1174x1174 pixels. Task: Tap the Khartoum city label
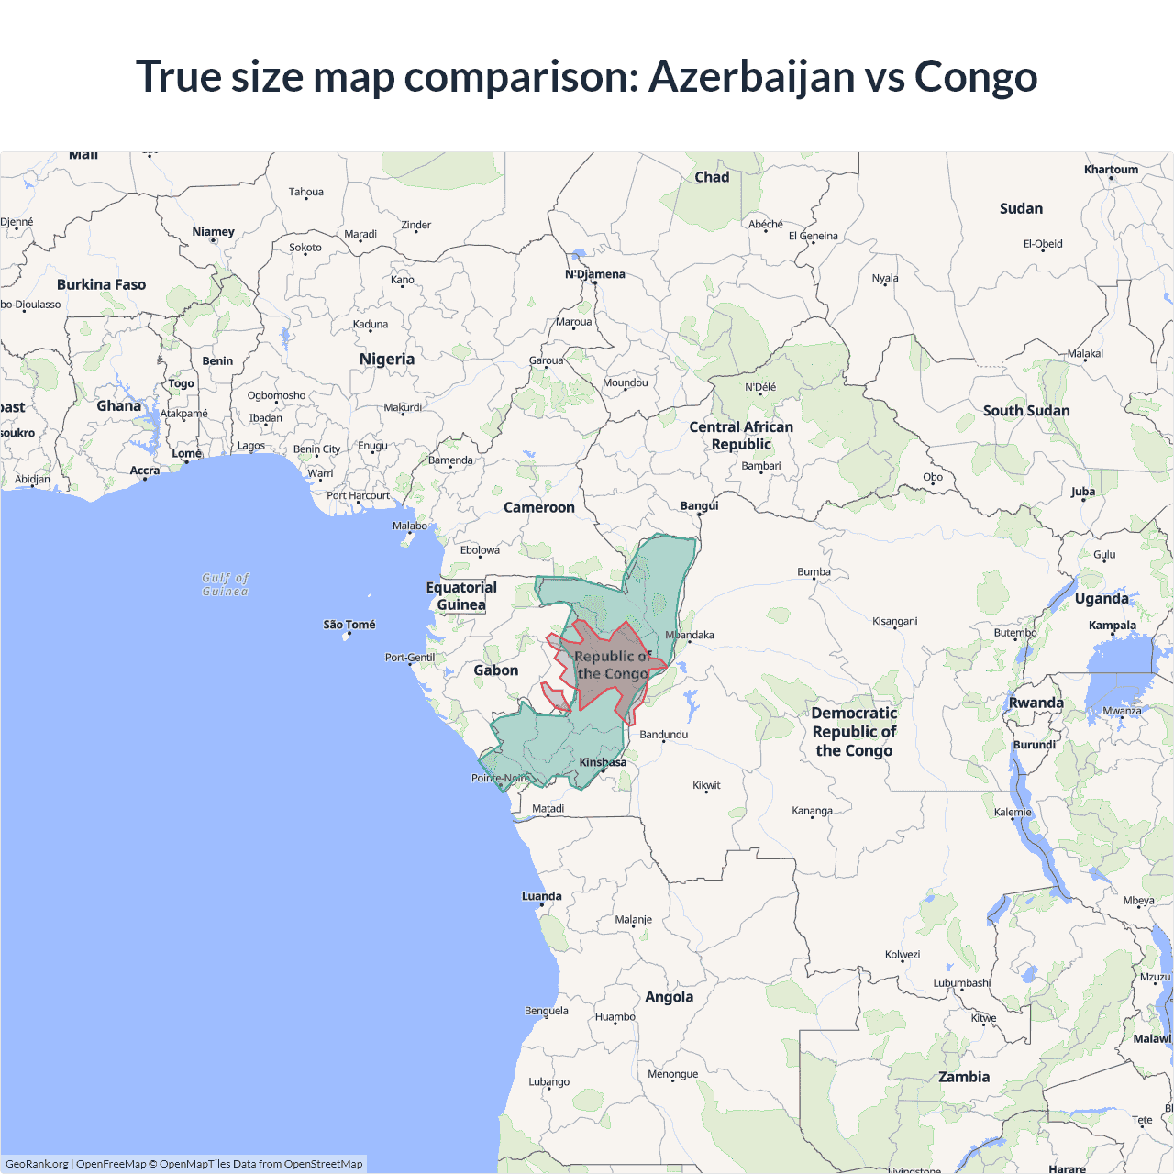coord(1111,170)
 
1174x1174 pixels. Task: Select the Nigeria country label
coord(387,360)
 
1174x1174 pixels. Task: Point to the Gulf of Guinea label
coord(226,584)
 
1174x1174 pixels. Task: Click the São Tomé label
coord(349,625)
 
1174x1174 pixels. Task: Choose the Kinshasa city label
coord(603,762)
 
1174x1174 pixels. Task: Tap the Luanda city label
coord(542,896)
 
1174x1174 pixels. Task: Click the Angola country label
coord(670,997)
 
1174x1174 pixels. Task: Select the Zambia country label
coord(964,1077)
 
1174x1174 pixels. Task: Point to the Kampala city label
coord(1113,626)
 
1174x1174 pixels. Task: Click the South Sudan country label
coord(1026,411)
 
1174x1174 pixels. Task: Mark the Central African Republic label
coord(741,436)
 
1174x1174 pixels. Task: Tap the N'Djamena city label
coord(595,274)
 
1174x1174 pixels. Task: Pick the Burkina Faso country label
coord(102,284)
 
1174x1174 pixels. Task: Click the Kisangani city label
coord(895,621)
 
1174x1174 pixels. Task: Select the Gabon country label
coord(496,670)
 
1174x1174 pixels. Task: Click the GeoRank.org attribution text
coord(37,1164)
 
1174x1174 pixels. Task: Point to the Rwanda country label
coord(1036,703)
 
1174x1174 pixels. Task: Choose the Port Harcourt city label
coord(359,495)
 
